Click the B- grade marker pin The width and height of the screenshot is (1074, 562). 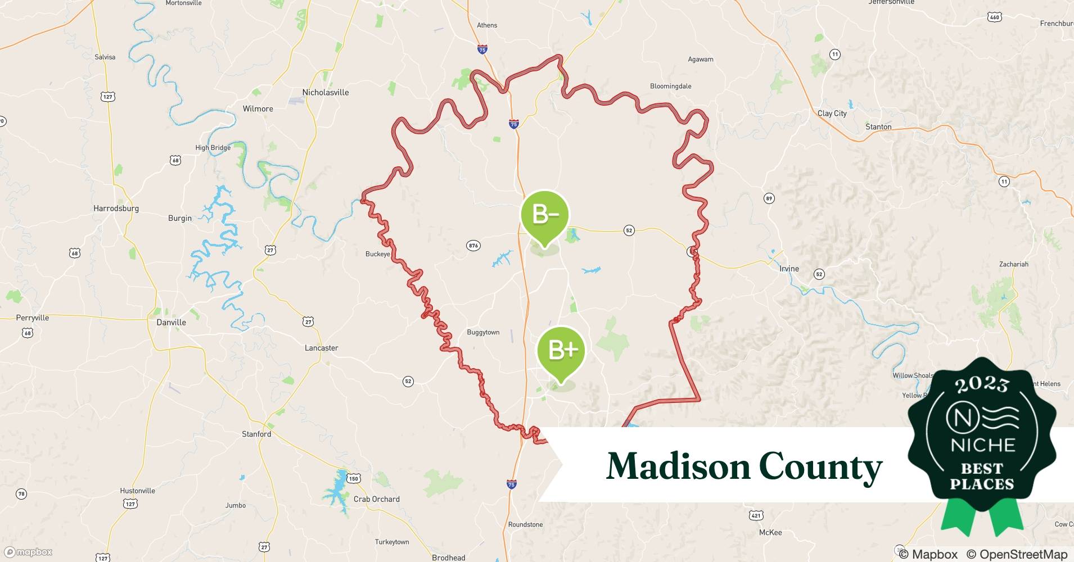(544, 215)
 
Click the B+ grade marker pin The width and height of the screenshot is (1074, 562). (561, 351)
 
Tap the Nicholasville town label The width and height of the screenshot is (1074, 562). (326, 93)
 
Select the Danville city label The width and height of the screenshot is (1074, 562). (171, 323)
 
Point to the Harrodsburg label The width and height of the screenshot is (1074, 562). (116, 209)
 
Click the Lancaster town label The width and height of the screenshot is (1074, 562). (321, 348)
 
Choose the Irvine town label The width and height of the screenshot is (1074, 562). (789, 269)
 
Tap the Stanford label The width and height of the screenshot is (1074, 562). (256, 434)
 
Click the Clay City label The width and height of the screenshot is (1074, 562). (832, 114)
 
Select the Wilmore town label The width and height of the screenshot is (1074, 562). (258, 109)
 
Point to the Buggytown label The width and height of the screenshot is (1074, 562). (483, 333)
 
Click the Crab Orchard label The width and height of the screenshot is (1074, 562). (376, 500)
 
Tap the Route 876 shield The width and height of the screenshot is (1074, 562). (473, 246)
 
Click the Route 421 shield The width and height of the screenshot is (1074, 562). (756, 515)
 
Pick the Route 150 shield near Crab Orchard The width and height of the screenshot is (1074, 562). (353, 479)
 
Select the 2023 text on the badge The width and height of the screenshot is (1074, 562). (982, 385)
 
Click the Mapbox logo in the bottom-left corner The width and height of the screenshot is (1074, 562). (28, 552)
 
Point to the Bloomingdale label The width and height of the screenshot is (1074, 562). (670, 87)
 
